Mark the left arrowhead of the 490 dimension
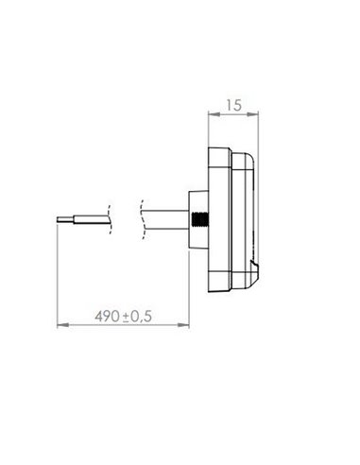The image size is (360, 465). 61,327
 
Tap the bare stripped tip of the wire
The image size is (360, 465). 60,218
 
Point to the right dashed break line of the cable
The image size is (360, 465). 141,219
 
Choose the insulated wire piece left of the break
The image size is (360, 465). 85,219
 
